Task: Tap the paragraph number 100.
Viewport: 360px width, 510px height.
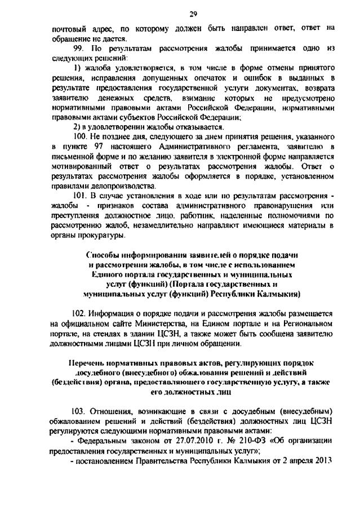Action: [81, 136]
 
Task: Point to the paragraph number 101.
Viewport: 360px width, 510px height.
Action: [81, 195]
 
